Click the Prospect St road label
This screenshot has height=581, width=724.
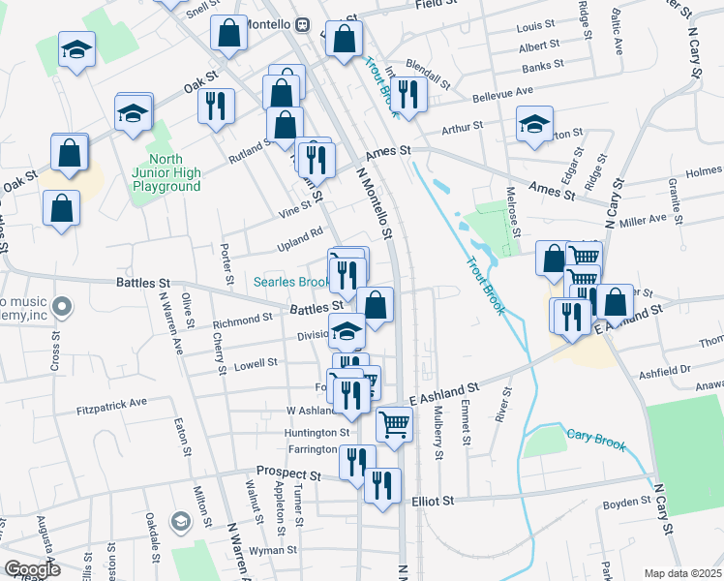288,475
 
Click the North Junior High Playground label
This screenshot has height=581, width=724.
174,173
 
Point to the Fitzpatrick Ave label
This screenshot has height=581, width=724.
111,401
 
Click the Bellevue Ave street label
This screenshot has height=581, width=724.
503,93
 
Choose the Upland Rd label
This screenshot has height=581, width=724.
303,234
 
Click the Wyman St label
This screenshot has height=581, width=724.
273,550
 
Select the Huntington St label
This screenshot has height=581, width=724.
317,433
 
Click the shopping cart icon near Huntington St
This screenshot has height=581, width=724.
394,423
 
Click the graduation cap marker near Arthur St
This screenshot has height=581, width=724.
534,124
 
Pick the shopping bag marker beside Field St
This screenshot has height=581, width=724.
345,40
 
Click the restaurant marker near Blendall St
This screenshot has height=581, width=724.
408,94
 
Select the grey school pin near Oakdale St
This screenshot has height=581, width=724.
180,523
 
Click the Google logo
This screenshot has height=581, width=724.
31,569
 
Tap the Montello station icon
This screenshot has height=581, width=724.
302,23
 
